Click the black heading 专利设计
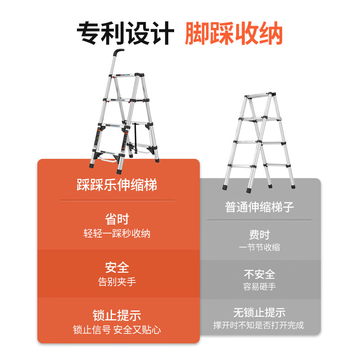[126, 33]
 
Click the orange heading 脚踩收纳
[234, 33]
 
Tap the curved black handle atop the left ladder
[119, 52]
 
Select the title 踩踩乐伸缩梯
[117, 184]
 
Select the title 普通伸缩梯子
[260, 207]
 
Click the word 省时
[117, 219]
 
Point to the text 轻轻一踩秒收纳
[117, 234]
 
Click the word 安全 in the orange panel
[117, 267]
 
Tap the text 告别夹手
[117, 282]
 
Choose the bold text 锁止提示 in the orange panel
[117, 315]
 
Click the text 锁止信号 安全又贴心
[117, 330]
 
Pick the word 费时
[260, 234]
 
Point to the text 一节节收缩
[260, 247]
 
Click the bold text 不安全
[260, 274]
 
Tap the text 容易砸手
[260, 287]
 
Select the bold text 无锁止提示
[260, 312]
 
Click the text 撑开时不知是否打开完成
[258, 325]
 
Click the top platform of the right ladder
[260, 95]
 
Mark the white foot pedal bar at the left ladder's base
[108, 159]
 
